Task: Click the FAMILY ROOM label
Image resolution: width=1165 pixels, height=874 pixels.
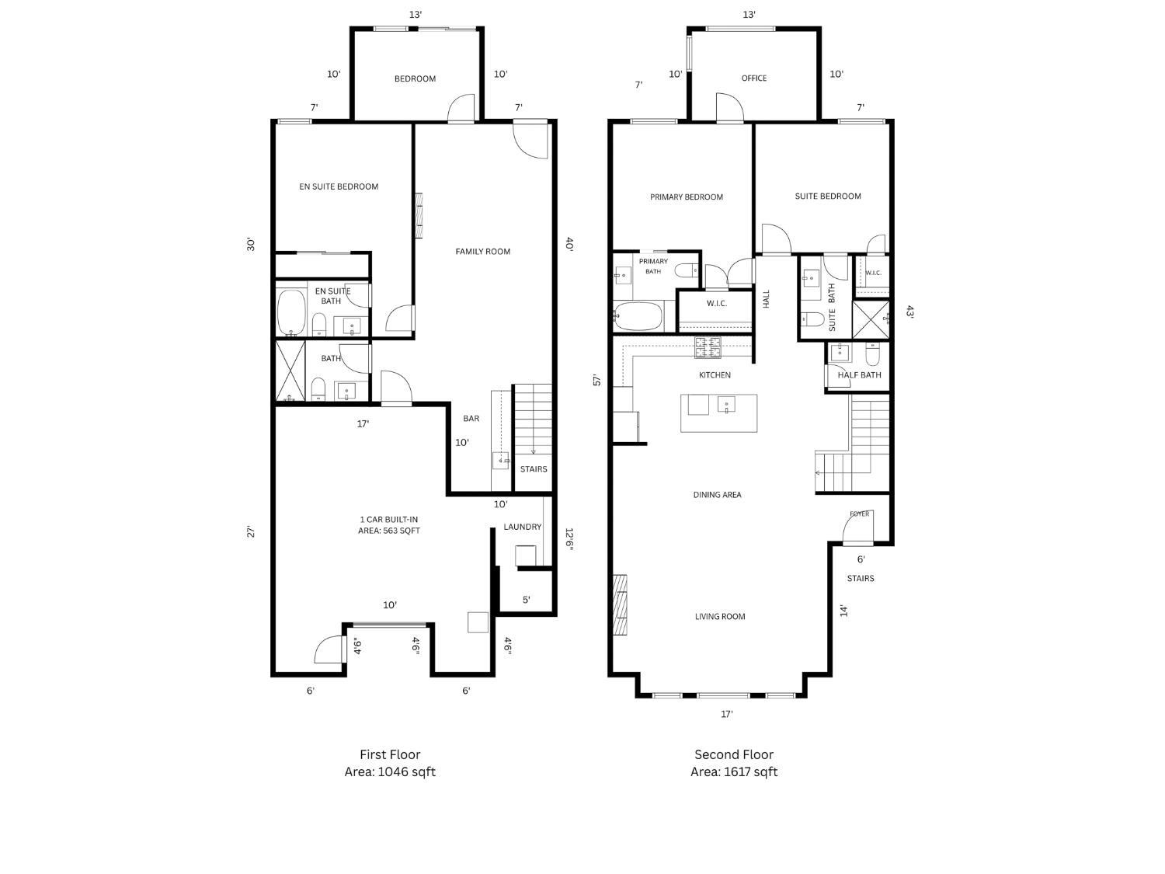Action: [x=482, y=252]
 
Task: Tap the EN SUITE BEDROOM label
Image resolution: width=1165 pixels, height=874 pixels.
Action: [x=339, y=186]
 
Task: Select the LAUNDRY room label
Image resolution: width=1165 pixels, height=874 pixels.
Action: [x=522, y=527]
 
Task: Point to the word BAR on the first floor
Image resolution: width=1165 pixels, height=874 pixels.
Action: [x=471, y=419]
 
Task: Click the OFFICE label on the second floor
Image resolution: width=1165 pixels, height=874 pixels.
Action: [x=753, y=78]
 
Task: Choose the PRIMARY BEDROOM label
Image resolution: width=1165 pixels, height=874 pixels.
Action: [x=687, y=197]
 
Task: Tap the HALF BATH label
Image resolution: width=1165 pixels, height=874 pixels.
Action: [x=859, y=375]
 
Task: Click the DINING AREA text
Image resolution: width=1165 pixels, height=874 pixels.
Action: [x=717, y=495]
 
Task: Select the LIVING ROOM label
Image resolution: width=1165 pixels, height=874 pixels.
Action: [x=720, y=617]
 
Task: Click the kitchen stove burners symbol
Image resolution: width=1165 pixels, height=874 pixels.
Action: [x=708, y=347]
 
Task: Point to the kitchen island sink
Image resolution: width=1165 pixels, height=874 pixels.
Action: [x=726, y=405]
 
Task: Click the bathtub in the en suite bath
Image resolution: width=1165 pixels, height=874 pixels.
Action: [x=290, y=312]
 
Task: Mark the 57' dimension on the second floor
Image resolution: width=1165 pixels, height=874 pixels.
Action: [x=597, y=381]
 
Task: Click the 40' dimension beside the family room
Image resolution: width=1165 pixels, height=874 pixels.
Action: [x=569, y=244]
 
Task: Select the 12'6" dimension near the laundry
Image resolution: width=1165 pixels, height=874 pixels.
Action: [x=569, y=539]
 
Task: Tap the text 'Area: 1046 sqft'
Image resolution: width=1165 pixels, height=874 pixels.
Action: [x=390, y=772]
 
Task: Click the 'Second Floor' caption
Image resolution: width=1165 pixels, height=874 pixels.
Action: [x=734, y=754]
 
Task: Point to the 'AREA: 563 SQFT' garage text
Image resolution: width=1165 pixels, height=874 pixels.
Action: [x=389, y=531]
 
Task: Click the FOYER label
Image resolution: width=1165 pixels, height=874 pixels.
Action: [x=859, y=514]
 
